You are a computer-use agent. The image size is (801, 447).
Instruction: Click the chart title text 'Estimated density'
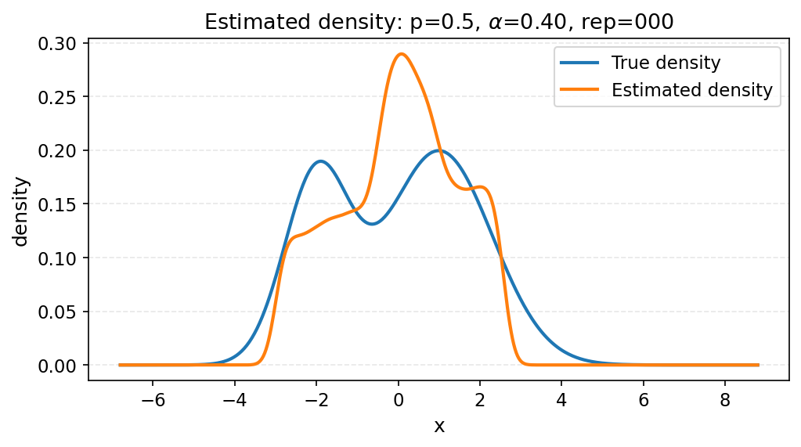(303, 23)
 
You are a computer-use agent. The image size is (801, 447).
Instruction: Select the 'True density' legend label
(666, 63)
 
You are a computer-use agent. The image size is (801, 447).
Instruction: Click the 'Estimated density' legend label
(691, 90)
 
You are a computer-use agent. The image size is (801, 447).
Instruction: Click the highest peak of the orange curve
(402, 54)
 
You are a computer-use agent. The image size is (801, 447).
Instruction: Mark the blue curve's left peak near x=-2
(320, 161)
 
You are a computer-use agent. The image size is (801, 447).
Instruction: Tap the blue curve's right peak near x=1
(438, 150)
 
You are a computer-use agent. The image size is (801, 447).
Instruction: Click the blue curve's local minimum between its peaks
(373, 224)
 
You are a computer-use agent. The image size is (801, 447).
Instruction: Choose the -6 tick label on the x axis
(153, 399)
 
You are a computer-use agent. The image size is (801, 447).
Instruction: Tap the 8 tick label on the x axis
(724, 399)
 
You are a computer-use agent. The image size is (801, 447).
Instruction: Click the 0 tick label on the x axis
(399, 399)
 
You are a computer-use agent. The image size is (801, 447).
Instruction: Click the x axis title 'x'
(439, 426)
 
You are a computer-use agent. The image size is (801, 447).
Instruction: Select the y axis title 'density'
(22, 211)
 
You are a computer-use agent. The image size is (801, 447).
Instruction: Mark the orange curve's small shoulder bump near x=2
(481, 187)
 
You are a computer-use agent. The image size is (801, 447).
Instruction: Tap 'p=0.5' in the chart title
(443, 23)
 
